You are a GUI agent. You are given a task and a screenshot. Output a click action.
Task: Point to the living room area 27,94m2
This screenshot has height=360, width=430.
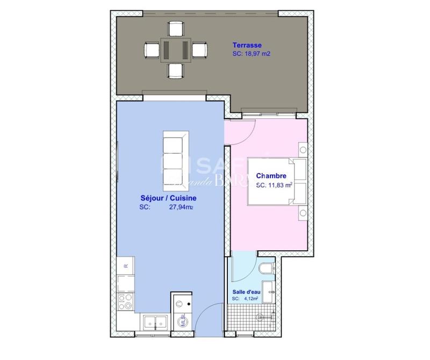click(181, 207)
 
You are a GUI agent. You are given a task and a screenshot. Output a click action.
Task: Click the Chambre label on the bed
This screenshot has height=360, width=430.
click(271, 176)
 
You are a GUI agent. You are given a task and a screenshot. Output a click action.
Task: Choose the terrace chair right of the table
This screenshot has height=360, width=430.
click(199, 49)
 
